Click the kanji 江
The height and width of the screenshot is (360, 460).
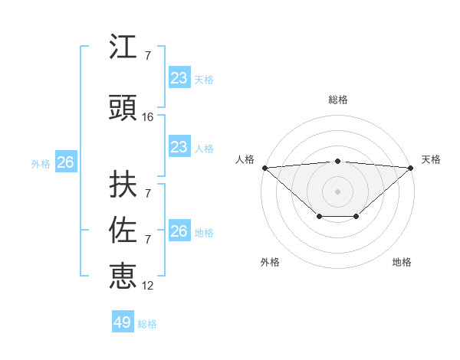[123, 47]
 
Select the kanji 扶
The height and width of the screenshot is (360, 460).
[123, 185]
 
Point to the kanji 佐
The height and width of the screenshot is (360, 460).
[123, 231]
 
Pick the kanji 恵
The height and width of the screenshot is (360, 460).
[123, 275]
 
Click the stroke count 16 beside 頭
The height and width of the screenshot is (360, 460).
[148, 117]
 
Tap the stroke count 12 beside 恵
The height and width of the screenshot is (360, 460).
[148, 286]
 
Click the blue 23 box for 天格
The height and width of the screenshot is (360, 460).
[179, 78]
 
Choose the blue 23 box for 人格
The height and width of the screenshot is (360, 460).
[179, 147]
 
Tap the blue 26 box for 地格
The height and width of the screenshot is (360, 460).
[179, 231]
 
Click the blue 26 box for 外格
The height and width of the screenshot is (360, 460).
[65, 162]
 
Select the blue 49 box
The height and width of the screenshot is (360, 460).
[123, 322]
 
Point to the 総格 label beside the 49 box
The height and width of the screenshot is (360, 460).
[147, 324]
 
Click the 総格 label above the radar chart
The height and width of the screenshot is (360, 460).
[337, 100]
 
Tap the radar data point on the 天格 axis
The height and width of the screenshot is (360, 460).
[411, 168]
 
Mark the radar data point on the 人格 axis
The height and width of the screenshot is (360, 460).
[264, 168]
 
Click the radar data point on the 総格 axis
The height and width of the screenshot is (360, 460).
[337, 161]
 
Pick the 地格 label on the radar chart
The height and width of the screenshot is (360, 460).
[402, 263]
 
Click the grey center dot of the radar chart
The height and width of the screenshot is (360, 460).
[337, 191]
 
